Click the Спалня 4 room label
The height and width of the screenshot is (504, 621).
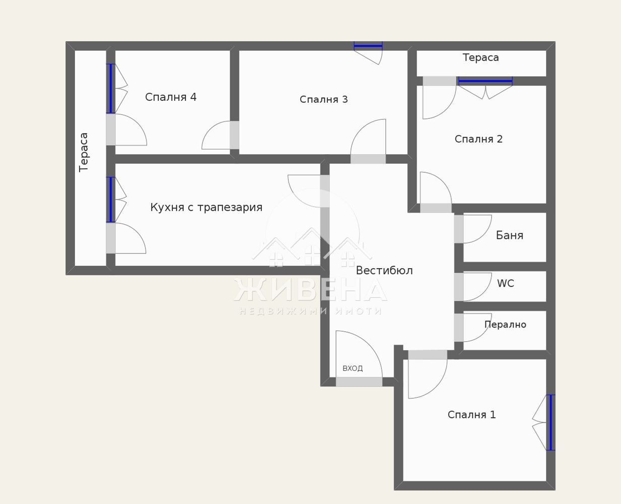pos(171,97)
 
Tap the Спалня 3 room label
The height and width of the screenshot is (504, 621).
pos(323,99)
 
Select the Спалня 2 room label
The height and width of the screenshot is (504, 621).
pos(478,139)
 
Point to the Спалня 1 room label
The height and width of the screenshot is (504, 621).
pos(471,415)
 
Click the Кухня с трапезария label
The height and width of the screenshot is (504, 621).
pos(206,207)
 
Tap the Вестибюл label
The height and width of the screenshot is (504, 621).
pos(384,271)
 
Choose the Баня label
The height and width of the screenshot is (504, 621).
pos(509,235)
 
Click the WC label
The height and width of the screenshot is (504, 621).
pos(505,283)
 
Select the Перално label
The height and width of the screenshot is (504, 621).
pos(505,325)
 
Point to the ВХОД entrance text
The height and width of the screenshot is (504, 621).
pos(353,368)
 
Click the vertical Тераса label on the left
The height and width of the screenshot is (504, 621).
pos(84,152)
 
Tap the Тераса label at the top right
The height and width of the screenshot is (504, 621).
pos(480,57)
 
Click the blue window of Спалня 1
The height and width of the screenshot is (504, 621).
pos(550,422)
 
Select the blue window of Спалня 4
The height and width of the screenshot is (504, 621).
pos(111,88)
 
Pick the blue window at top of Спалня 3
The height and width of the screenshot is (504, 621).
pos(368,46)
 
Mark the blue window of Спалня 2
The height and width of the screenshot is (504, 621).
pos(485,81)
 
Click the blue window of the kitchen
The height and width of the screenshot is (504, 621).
pos(111,200)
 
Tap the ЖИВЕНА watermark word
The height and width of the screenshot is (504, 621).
pos(310,290)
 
